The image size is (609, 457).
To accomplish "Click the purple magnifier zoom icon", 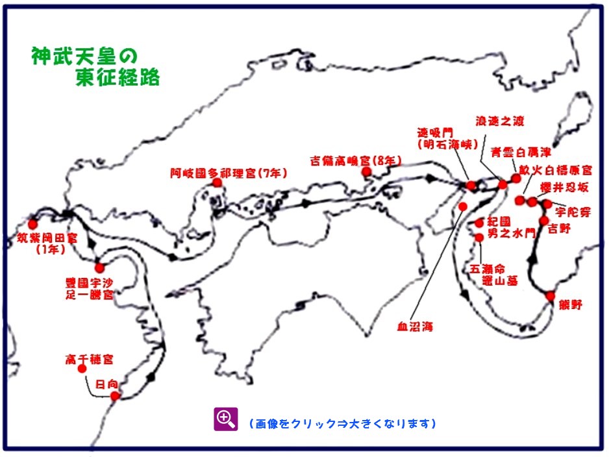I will click(226, 419).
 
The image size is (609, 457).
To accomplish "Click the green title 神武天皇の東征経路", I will click(95, 66).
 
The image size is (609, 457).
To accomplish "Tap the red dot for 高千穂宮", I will click(82, 369).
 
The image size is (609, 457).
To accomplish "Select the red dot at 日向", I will click(115, 396).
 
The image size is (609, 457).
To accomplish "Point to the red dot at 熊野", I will click(551, 296).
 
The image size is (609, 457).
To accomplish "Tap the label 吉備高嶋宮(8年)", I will click(355, 160).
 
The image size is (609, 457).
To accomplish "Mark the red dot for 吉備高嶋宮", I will click(366, 171).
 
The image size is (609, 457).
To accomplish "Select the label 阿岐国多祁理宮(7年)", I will click(229, 173).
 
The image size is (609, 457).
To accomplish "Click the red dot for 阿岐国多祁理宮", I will click(217, 183).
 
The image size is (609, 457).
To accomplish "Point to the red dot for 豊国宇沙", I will click(99, 267).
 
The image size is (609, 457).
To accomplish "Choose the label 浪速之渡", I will click(499, 121).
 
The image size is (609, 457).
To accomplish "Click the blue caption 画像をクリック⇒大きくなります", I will click(342, 424).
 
